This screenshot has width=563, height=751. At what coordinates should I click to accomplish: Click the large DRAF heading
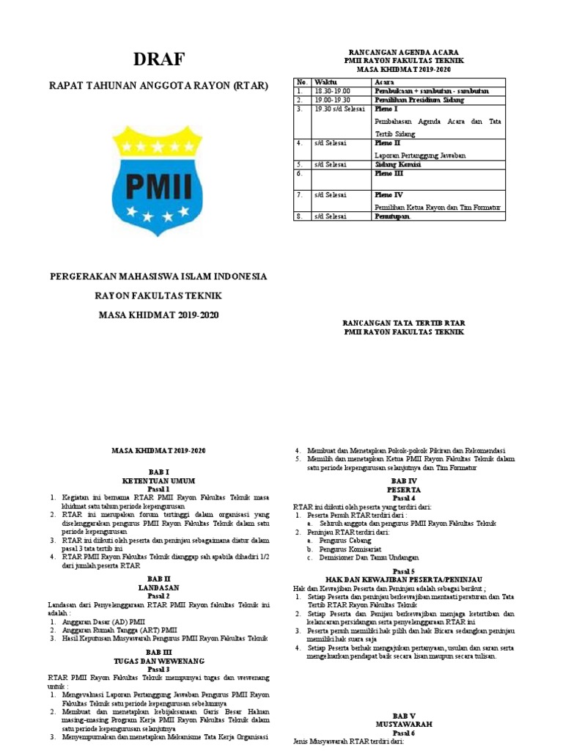point(159,59)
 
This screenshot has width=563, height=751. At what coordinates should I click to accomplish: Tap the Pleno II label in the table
point(387,143)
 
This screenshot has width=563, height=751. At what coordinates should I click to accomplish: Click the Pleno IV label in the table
point(388,195)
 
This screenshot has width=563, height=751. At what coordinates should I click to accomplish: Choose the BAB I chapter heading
point(158,472)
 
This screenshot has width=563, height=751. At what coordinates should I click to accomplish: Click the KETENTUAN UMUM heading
point(158,480)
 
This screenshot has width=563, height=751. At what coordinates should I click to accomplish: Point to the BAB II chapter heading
point(158,579)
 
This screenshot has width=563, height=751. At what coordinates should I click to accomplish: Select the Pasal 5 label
point(403,571)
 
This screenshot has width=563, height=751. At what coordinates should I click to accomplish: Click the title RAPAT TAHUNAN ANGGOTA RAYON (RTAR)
point(159,87)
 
